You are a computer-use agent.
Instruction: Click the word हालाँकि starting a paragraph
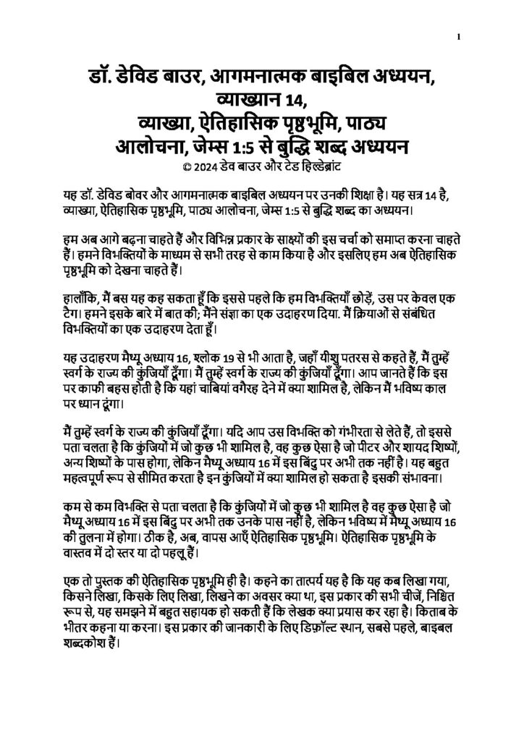pyautogui.click(x=80, y=297)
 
